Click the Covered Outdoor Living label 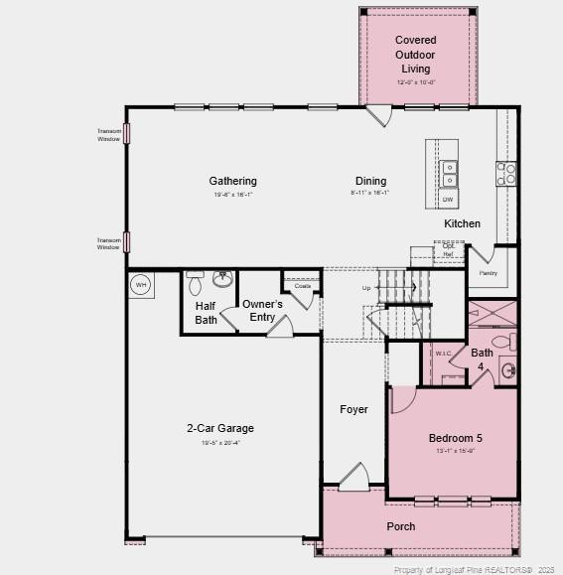[415, 55]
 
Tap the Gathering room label [232, 181]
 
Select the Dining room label [370, 181]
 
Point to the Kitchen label [462, 223]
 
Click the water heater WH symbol [140, 285]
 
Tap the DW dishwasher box [448, 200]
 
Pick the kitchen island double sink [449, 175]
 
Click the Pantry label [488, 272]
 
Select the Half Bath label [206, 313]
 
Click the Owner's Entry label [263, 310]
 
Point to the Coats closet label [302, 286]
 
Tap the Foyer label [353, 409]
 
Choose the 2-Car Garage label [220, 428]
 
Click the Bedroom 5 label [456, 438]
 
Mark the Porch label [401, 526]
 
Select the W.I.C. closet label [443, 353]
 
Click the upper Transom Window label [109, 135]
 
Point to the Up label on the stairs [366, 288]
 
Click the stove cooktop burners [506, 174]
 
